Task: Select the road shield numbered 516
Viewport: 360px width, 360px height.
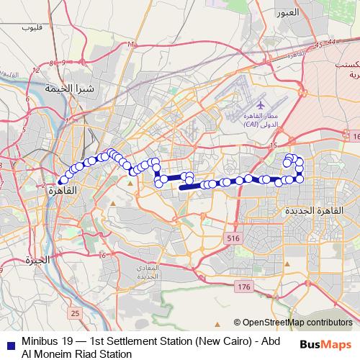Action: [233, 238]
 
